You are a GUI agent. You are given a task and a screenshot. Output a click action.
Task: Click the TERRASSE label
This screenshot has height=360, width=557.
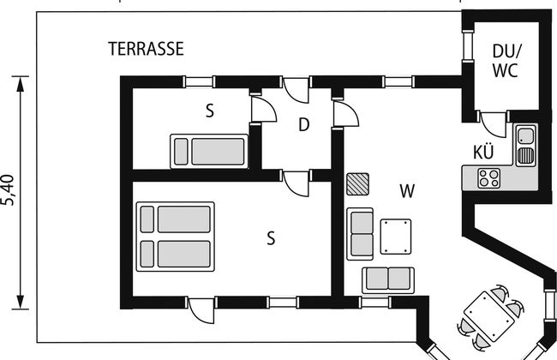[146, 49]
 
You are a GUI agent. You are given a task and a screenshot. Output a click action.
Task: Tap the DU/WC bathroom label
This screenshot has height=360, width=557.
[506, 61]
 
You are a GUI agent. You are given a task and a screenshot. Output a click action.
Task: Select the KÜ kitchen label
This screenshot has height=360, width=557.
[483, 153]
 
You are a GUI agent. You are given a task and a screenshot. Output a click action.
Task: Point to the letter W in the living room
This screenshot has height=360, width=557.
[406, 190]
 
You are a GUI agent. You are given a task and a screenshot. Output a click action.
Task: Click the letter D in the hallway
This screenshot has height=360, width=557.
[303, 125]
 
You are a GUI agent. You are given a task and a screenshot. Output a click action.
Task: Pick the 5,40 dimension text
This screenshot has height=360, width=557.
[9, 190]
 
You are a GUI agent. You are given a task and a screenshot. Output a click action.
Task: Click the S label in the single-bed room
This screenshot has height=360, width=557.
[209, 110]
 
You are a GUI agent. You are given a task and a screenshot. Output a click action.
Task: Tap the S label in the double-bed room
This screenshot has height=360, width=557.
[270, 239]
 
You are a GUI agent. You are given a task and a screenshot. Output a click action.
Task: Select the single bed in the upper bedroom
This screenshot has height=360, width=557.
[210, 150]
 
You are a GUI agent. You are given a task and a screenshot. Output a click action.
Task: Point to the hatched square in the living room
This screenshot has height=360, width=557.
[357, 185]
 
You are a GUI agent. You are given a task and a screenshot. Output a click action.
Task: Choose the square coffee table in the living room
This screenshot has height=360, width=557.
[396, 237]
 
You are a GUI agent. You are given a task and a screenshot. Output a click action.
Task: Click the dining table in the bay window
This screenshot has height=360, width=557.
[489, 315]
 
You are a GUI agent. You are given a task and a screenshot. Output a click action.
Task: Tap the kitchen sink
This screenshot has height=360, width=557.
[525, 146]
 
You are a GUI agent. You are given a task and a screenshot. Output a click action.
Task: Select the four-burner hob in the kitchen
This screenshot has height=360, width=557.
[489, 178]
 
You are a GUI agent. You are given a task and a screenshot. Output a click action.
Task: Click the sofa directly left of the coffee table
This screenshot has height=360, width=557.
[360, 233]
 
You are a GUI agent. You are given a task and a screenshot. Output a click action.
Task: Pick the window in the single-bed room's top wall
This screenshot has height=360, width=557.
[199, 82]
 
